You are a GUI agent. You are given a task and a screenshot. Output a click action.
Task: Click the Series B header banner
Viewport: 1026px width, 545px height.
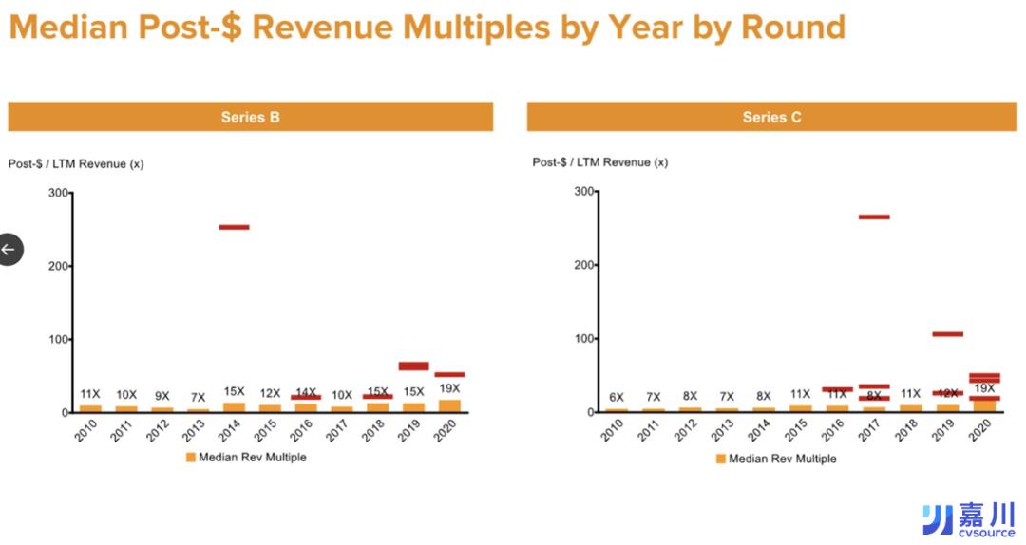250,117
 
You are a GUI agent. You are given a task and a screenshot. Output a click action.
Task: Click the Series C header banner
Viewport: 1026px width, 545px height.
771,117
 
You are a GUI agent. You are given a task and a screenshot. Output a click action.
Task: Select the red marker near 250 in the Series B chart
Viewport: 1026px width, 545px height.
234,227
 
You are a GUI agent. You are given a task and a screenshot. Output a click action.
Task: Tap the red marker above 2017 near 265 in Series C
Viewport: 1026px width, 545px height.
874,216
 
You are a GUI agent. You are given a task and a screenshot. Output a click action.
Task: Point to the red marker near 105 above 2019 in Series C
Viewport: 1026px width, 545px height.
947,334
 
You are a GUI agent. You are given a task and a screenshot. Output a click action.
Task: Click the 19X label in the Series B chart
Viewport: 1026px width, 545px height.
449,388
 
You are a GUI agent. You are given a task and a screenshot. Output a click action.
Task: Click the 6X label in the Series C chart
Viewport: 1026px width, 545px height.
617,397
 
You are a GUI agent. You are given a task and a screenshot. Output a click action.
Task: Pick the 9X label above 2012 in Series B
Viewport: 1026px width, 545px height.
162,396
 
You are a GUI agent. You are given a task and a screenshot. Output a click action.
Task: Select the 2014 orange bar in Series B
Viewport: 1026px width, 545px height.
234,407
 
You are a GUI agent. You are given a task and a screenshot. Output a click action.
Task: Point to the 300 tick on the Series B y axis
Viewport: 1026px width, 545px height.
58,193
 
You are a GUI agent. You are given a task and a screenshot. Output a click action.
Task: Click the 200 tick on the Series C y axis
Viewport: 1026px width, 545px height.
584,265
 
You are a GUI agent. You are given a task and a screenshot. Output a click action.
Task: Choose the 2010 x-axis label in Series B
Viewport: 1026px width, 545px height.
86,432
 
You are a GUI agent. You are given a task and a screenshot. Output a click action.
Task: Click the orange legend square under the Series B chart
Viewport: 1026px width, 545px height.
190,457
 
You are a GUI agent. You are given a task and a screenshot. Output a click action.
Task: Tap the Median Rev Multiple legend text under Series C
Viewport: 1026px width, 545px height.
782,459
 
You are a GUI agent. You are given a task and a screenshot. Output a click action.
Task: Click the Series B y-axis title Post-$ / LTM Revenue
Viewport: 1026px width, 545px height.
76,163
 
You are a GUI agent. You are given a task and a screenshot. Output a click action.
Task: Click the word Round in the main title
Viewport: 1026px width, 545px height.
788,27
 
